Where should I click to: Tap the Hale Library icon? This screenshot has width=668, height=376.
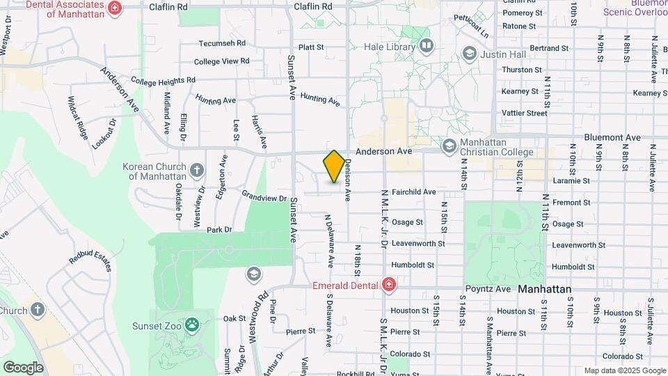click(427, 47)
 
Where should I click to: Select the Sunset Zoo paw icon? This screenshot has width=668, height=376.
click(192, 325)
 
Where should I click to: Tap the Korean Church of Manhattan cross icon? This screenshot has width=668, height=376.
click(197, 170)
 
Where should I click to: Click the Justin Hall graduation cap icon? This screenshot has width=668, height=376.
click(470, 54)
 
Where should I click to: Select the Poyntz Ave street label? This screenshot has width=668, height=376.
click(488, 288)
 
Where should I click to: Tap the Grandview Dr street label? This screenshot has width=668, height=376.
click(264, 196)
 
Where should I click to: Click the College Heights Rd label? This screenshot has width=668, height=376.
click(162, 81)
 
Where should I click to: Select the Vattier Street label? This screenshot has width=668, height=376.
click(525, 113)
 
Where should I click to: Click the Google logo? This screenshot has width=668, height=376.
click(23, 367)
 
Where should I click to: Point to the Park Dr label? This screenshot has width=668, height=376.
click(218, 230)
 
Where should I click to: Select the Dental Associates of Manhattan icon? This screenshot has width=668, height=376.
click(116, 8)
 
